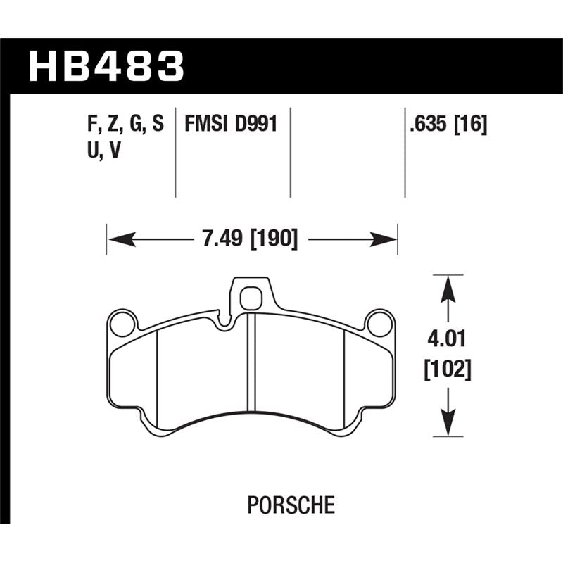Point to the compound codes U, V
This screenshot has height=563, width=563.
[x=100, y=151]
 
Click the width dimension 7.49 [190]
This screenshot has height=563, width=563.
[x=251, y=240]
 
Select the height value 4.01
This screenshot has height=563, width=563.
[x=448, y=341]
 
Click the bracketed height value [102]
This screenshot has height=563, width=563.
[x=448, y=368]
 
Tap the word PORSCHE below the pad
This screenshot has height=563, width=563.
[x=291, y=505]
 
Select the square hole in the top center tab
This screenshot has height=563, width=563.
[x=251, y=299]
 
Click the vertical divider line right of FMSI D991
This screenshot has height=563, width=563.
[x=291, y=151]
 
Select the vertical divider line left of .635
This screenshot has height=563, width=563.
[x=405, y=151]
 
